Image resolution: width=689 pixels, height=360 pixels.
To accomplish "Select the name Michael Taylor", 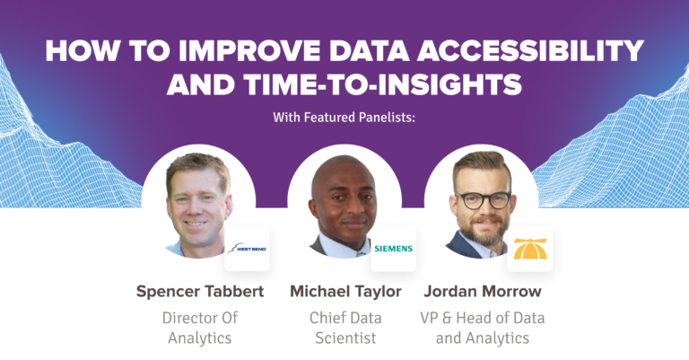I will (x=345, y=292).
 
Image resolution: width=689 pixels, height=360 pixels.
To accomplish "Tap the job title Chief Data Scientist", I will (x=345, y=328).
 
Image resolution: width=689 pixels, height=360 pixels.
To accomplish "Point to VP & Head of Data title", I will (x=483, y=317).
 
